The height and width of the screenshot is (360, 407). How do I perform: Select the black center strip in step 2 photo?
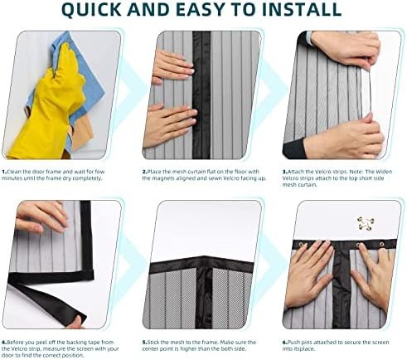201,91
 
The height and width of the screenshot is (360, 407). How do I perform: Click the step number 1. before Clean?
5,171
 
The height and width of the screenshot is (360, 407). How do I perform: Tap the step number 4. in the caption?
5,342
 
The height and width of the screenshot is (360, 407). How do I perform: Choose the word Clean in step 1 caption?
17,171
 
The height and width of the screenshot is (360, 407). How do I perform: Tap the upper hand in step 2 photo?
172,66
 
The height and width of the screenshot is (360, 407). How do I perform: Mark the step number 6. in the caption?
285,342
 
